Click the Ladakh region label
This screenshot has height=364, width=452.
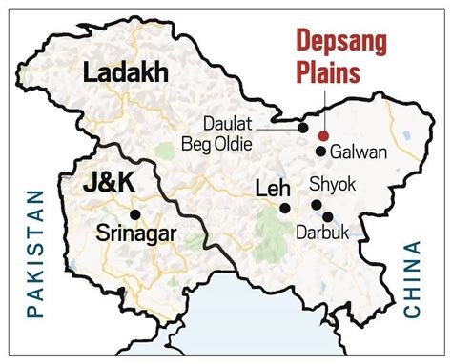(x=124, y=72)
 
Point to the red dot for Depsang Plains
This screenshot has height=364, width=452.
(x=324, y=135)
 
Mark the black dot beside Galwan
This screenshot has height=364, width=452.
(x=321, y=152)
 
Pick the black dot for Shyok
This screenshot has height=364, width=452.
(x=316, y=205)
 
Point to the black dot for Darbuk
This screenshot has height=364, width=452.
(x=329, y=217)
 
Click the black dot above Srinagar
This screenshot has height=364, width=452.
(x=137, y=212)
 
